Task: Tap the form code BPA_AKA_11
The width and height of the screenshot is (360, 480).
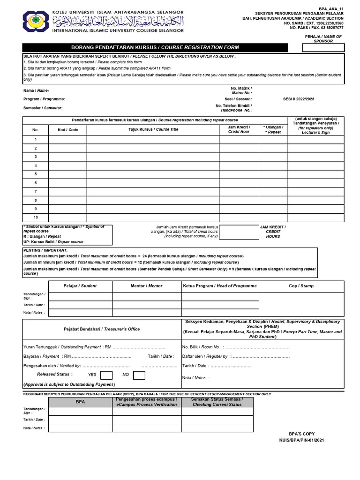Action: [332, 8]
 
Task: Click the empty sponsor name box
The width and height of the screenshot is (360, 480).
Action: [323, 47]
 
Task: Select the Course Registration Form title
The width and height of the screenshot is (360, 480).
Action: [155, 47]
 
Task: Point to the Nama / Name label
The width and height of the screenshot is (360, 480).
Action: [36, 90]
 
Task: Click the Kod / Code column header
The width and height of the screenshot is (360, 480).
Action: [67, 130]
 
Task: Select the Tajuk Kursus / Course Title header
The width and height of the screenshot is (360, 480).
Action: [153, 130]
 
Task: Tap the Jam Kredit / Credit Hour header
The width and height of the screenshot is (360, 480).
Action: [239, 129]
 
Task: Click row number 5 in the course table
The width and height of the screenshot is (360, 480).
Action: [35, 174]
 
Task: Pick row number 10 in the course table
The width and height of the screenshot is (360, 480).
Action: [35, 217]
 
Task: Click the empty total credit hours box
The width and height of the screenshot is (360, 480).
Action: [239, 232]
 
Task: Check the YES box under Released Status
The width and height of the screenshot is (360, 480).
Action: [106, 375]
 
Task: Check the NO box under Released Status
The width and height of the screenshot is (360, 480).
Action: [139, 375]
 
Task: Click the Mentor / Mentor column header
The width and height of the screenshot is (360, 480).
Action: [146, 286]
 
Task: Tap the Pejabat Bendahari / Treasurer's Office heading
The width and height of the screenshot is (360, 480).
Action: [102, 329]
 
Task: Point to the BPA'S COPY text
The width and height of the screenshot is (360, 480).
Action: [301, 434]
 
